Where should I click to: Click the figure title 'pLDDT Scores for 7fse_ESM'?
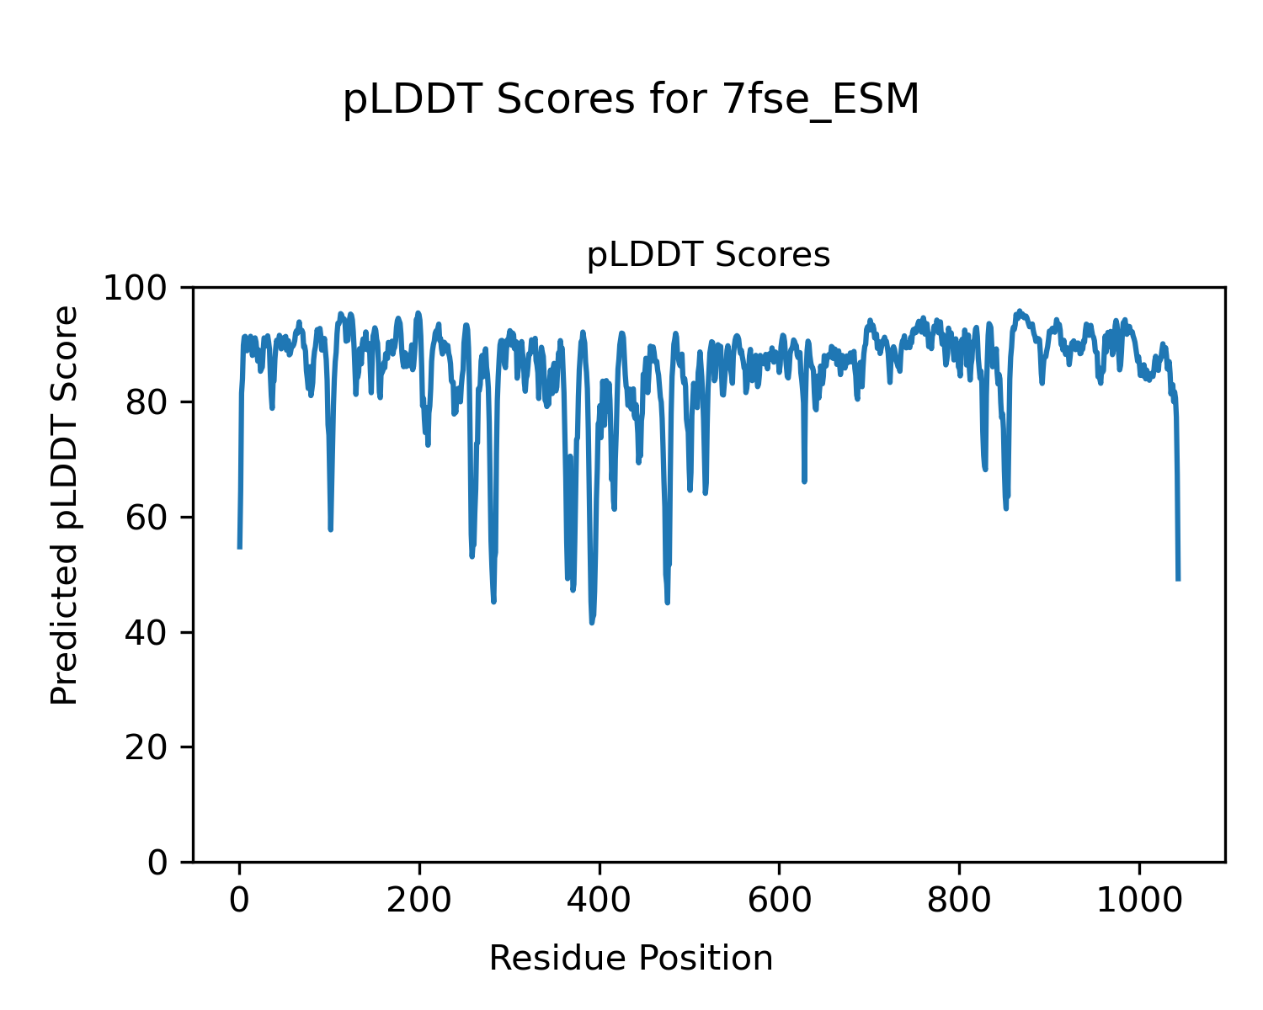(631, 100)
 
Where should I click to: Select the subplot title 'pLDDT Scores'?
(708, 255)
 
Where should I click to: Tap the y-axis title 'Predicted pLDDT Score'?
(65, 505)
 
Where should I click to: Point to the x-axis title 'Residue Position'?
(631, 958)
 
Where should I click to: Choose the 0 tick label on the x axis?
(240, 900)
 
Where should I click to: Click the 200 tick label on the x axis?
(419, 900)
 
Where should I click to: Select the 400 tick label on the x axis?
(600, 900)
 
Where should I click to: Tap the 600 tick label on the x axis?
(779, 900)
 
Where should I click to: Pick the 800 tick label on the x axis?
(959, 900)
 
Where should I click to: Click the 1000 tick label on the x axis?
(1139, 900)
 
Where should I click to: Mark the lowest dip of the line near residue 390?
(592, 623)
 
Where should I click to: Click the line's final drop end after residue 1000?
(1178, 580)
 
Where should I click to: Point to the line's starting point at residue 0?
(240, 548)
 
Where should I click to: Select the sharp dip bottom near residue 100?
(331, 529)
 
